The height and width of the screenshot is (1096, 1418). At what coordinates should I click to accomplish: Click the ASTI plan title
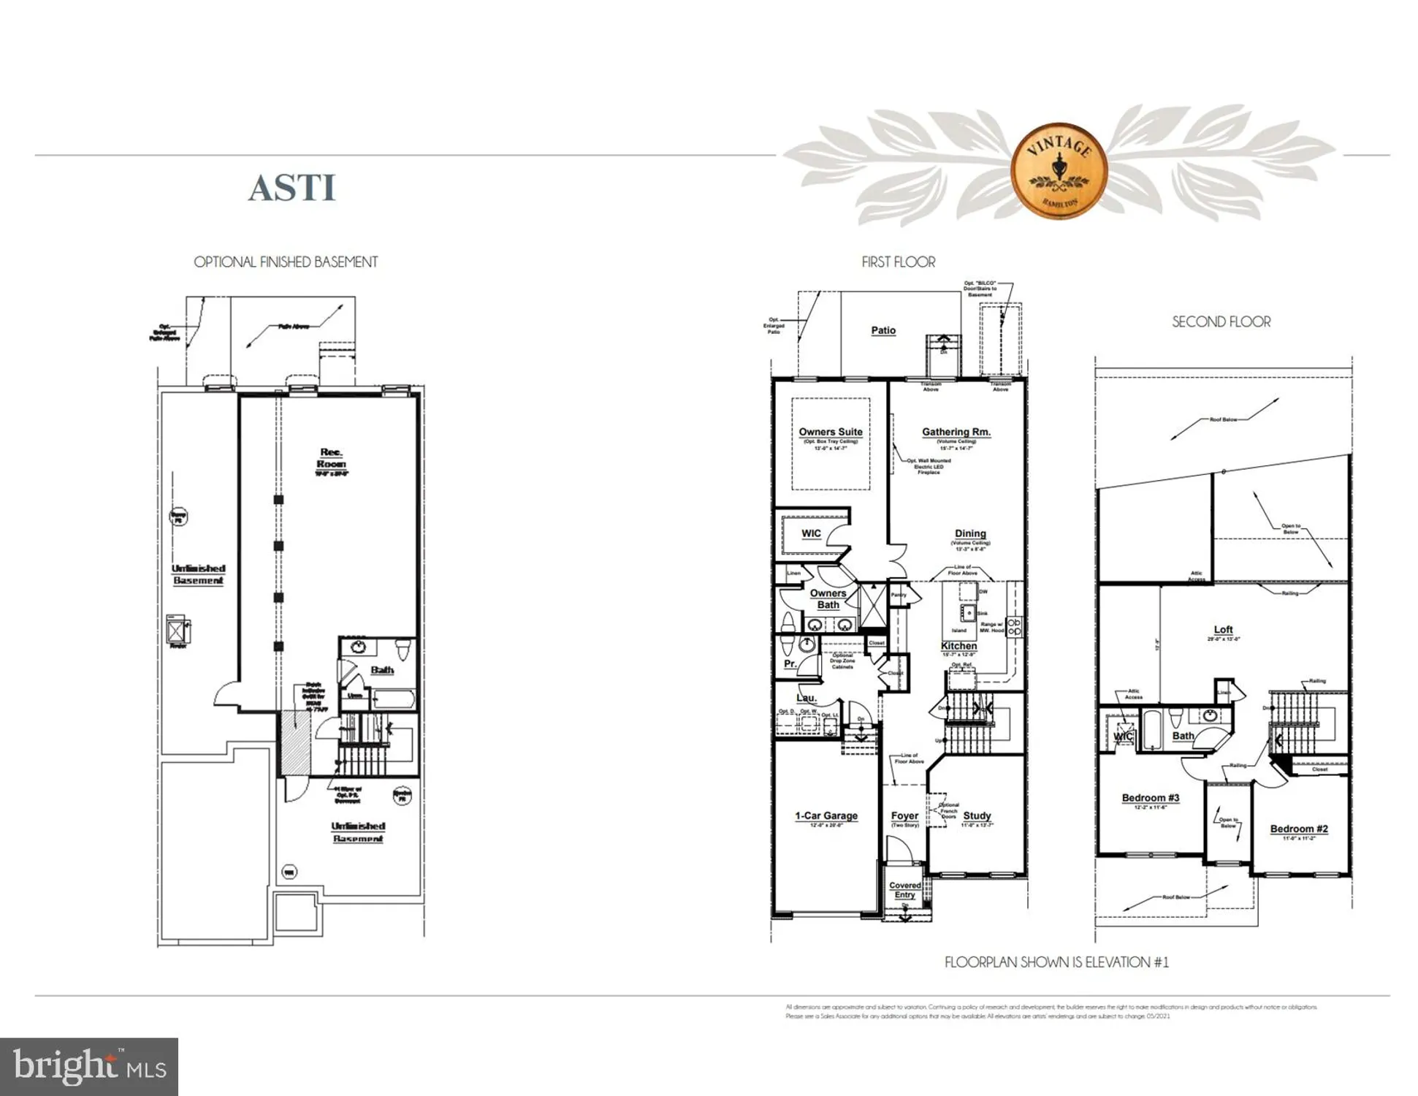[291, 188]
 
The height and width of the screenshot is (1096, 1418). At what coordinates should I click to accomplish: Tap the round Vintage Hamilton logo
[1059, 171]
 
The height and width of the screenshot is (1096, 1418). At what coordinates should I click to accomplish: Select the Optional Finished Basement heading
[286, 262]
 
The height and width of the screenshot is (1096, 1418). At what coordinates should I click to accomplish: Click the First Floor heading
[898, 262]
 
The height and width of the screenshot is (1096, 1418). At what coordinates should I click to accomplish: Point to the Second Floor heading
[1221, 321]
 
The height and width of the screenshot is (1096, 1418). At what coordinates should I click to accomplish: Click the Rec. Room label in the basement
[331, 458]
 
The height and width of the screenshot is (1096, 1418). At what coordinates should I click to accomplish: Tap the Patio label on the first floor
[883, 330]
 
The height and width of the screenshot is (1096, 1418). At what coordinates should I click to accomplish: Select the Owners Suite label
[830, 432]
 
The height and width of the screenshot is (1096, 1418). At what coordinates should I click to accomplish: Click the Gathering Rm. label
[956, 432]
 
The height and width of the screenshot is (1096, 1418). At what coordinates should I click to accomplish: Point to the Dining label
[969, 533]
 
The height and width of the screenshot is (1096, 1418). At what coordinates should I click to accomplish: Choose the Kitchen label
[958, 646]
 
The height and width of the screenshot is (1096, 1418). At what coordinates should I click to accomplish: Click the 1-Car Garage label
[826, 815]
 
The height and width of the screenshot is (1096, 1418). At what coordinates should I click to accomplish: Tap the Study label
[976, 815]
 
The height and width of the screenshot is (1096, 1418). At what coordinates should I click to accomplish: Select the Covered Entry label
[904, 890]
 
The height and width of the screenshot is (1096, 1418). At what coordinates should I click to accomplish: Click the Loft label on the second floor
[1223, 629]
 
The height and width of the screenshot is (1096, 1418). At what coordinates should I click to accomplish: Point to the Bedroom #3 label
[1150, 798]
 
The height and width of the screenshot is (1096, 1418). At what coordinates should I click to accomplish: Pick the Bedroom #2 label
[1298, 829]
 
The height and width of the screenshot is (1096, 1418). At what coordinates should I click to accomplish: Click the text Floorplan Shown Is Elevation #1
[1056, 962]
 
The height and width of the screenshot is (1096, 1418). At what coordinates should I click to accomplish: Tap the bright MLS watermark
[89, 1066]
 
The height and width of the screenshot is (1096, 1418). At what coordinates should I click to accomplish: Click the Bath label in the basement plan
[381, 670]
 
